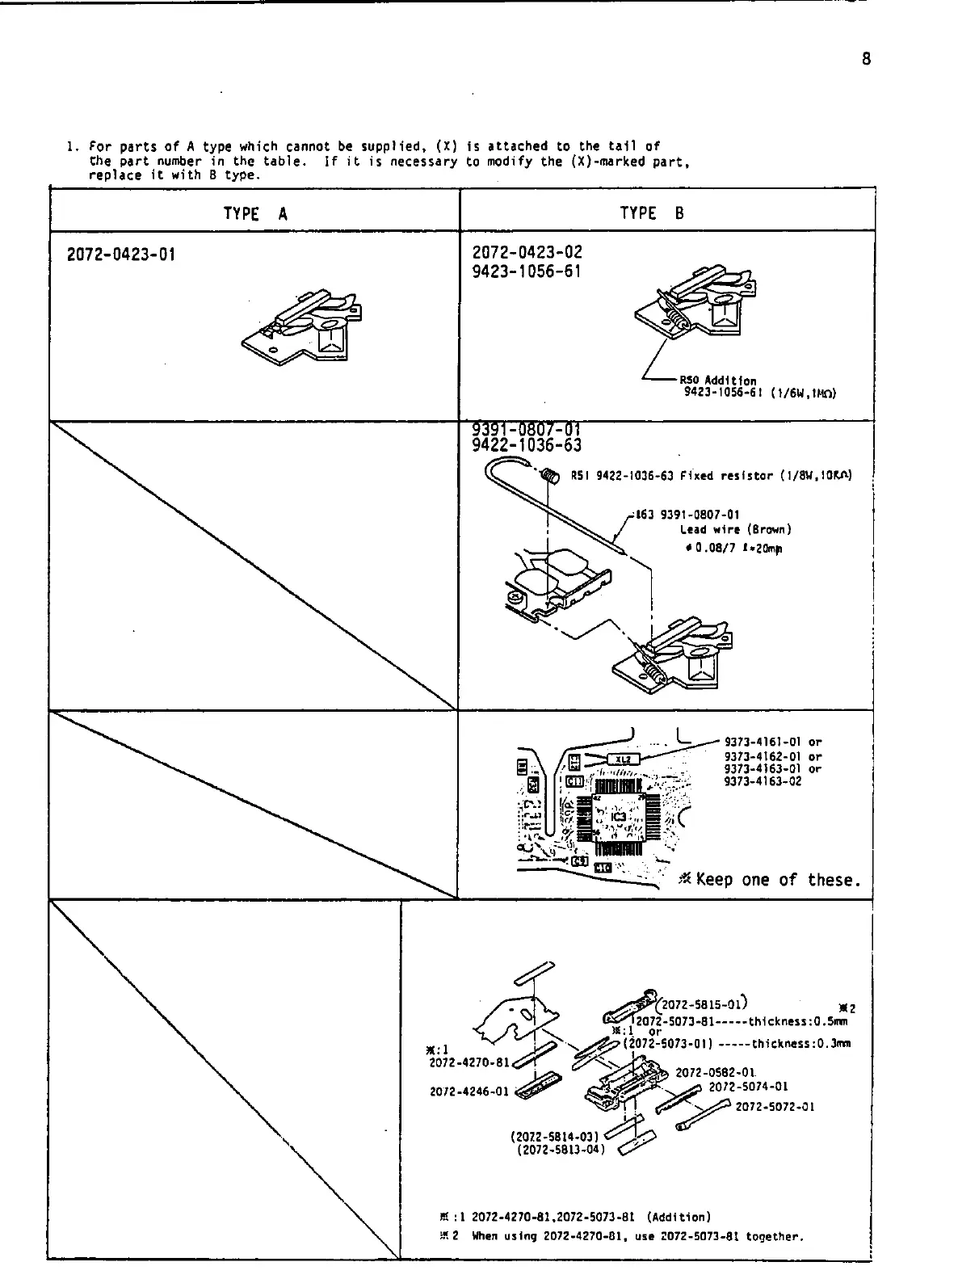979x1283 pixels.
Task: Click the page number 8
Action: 866,59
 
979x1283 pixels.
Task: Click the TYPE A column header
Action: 255,213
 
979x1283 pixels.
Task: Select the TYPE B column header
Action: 652,213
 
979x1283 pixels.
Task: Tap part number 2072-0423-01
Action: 121,254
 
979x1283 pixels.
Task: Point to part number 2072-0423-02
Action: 527,253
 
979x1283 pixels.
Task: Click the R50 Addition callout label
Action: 717,381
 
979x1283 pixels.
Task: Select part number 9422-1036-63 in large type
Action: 527,445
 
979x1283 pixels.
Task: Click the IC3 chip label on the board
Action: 618,817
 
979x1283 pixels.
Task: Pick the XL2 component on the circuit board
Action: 623,759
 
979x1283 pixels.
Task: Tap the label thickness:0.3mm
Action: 800,1043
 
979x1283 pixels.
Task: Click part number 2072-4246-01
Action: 468,1092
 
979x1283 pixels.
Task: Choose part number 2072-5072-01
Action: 775,1107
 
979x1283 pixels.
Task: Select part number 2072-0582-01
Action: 715,1073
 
